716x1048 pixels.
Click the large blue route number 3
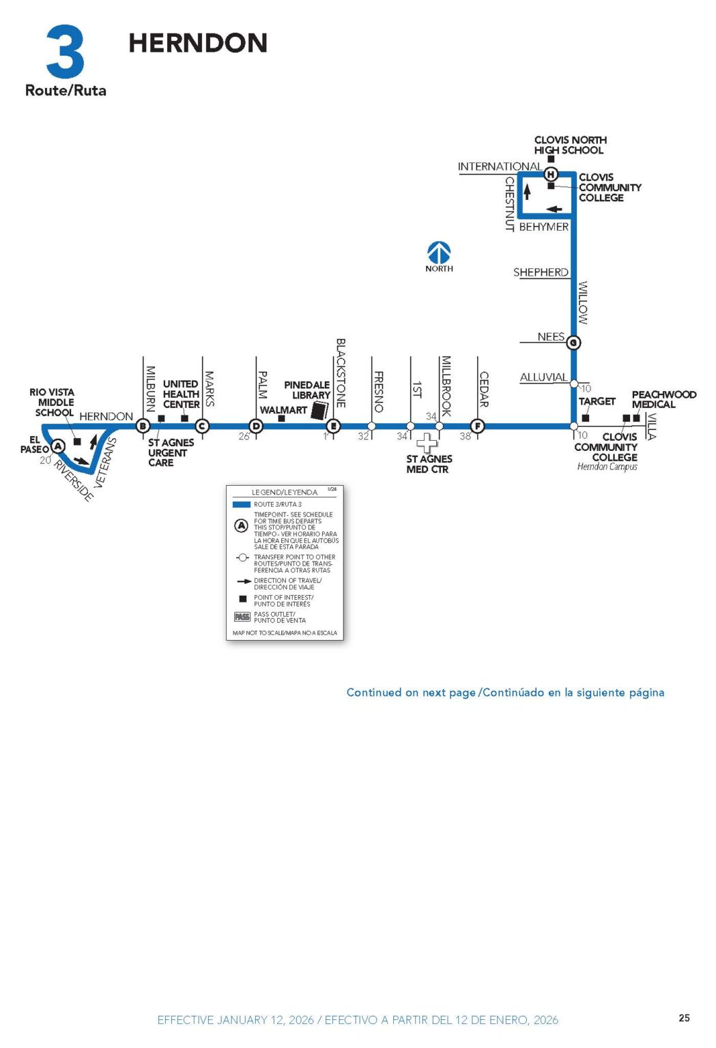click(66, 52)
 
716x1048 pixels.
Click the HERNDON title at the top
click(198, 43)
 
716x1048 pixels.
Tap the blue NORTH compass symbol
click(439, 253)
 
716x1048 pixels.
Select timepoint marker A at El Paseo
click(59, 446)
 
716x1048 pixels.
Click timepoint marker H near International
click(551, 175)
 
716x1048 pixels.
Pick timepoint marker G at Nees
click(573, 343)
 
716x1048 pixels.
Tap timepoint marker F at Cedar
click(478, 426)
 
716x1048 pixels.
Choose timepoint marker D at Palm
click(257, 426)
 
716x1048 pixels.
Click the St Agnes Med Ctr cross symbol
click(427, 443)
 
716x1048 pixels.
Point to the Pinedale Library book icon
click(319, 410)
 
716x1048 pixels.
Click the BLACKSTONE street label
click(341, 373)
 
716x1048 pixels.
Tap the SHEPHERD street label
click(541, 272)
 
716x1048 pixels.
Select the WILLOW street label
click(583, 302)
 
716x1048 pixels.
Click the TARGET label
click(597, 401)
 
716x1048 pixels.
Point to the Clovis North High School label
click(570, 145)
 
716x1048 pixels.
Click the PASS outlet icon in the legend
click(242, 617)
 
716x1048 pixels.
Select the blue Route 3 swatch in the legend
click(242, 504)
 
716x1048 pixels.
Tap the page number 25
click(684, 1018)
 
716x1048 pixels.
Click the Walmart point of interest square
click(281, 418)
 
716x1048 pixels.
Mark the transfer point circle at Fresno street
click(371, 426)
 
